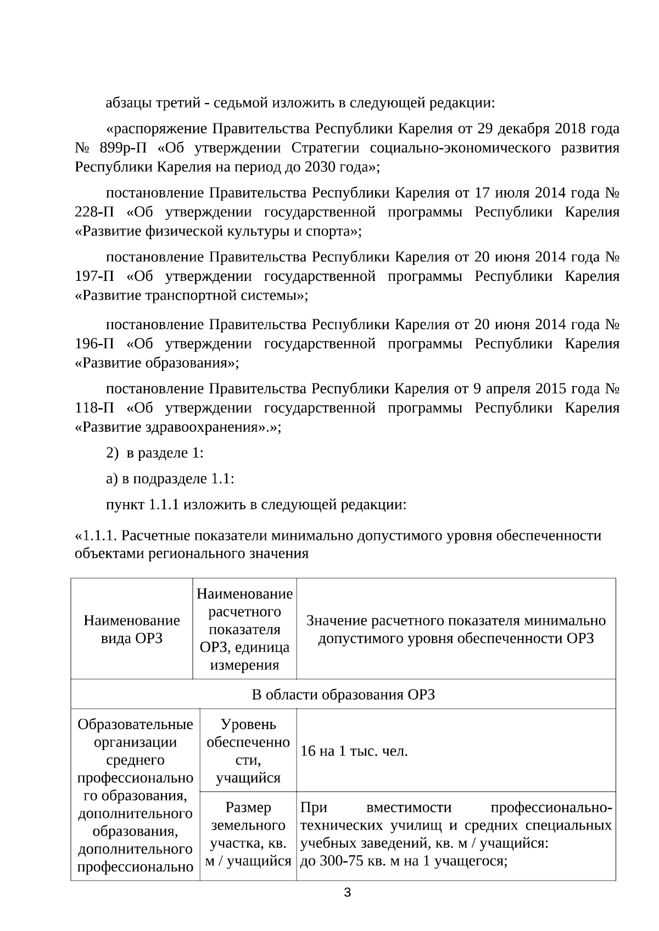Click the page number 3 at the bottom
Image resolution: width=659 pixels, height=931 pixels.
tap(347, 893)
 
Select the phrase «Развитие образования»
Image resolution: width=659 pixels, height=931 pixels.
tap(157, 363)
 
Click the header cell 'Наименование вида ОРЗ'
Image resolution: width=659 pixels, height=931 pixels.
tap(132, 629)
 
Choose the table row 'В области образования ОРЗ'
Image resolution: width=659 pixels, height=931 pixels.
tap(343, 695)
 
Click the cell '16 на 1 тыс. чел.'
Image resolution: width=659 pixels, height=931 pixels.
tap(354, 751)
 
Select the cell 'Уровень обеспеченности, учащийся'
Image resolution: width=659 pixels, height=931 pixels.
tap(248, 751)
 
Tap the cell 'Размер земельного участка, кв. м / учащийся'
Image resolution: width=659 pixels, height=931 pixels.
tap(248, 834)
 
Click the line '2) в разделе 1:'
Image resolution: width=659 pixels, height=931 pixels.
tap(155, 454)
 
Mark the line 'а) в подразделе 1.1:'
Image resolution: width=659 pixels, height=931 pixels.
tap(170, 479)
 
